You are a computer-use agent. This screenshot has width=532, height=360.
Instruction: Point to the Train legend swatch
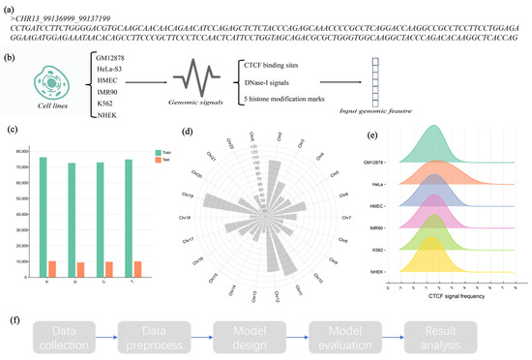(158, 152)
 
